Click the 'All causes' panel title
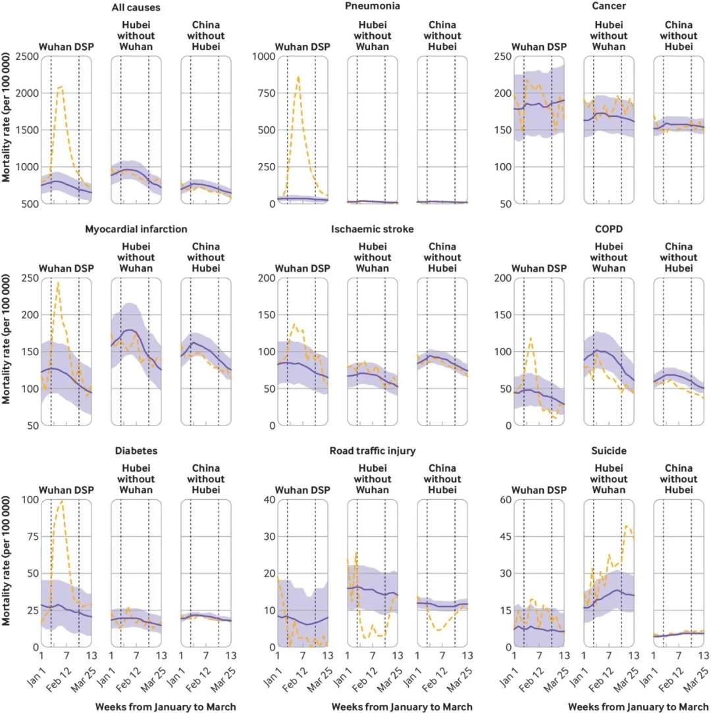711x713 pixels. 136,7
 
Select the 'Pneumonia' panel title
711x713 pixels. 373,7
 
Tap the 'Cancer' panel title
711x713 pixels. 608,7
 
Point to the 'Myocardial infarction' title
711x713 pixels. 136,229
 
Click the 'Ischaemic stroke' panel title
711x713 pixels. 373,229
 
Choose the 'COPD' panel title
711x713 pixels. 608,229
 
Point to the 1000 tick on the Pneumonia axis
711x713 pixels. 261,57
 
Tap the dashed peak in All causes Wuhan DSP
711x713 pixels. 61,86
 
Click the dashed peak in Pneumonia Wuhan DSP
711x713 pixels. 298,77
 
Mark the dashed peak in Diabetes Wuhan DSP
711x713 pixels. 62,501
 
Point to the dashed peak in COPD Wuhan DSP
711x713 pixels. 531,338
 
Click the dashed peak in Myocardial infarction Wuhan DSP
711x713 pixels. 59,283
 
